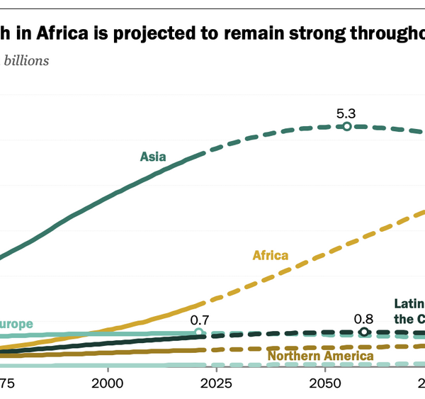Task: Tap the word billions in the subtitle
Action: pos(27,60)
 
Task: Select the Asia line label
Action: pos(153,157)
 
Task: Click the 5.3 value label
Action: pos(346,113)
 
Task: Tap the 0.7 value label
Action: pos(199,319)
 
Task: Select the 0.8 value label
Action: pos(364,319)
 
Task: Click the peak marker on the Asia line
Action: pos(347,126)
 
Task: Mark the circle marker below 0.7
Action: pos(199,332)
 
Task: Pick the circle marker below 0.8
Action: pos(364,332)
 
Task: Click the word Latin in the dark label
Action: pos(409,304)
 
